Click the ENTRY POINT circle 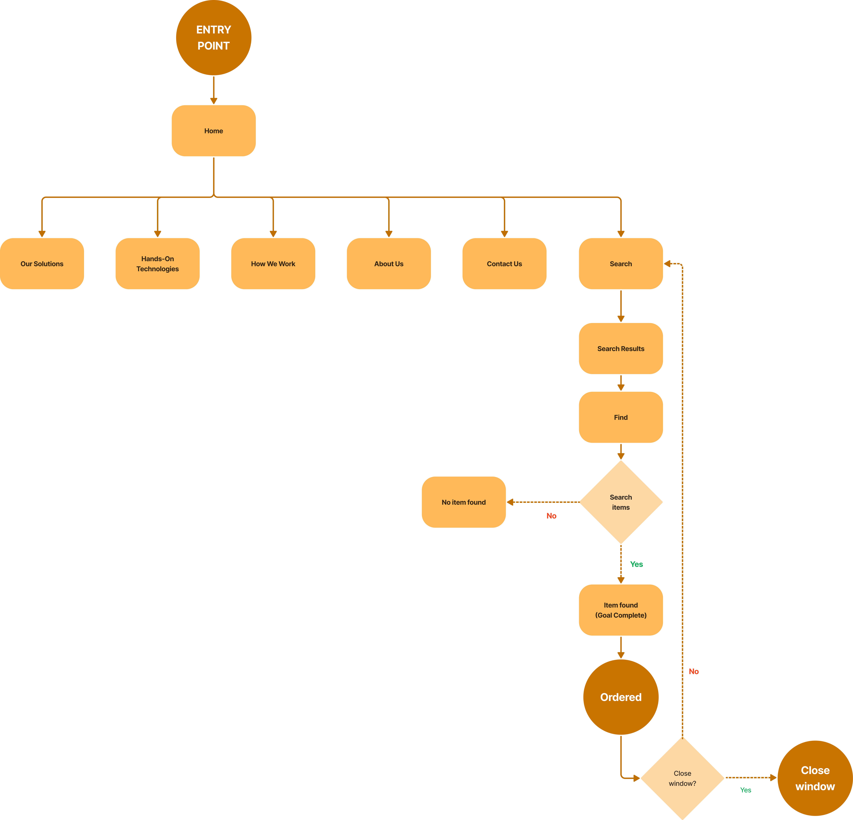click(x=214, y=38)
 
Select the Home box click(x=214, y=131)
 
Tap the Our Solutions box click(x=42, y=264)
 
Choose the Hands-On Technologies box click(x=158, y=264)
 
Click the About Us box click(x=389, y=264)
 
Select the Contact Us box click(x=504, y=264)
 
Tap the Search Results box click(x=621, y=349)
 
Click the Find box click(x=621, y=417)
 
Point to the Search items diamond click(x=621, y=502)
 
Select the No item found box click(x=464, y=502)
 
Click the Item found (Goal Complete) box click(x=621, y=610)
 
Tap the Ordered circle click(x=621, y=697)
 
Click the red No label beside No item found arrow click(x=551, y=516)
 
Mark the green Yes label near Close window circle click(x=746, y=790)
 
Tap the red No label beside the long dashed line click(x=694, y=672)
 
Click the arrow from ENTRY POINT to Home click(x=214, y=90)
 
